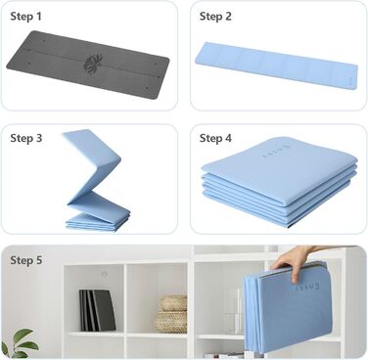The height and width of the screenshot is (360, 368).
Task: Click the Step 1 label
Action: [26, 17]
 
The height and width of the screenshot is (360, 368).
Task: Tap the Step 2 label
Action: [215, 17]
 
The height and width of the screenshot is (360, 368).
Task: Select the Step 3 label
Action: [26, 138]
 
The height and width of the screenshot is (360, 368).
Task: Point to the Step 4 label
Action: [215, 138]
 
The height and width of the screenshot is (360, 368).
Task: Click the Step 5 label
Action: [26, 260]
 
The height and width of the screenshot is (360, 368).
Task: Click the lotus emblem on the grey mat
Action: [93, 64]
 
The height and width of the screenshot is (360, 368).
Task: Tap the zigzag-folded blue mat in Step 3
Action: [97, 180]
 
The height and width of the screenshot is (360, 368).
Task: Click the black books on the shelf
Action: [97, 310]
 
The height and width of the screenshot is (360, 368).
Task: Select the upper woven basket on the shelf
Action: [173, 303]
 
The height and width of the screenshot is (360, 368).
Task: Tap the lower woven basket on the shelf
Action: [171, 322]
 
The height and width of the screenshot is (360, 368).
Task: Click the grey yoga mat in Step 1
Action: [88, 65]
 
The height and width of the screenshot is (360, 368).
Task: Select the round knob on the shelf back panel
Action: [104, 274]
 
